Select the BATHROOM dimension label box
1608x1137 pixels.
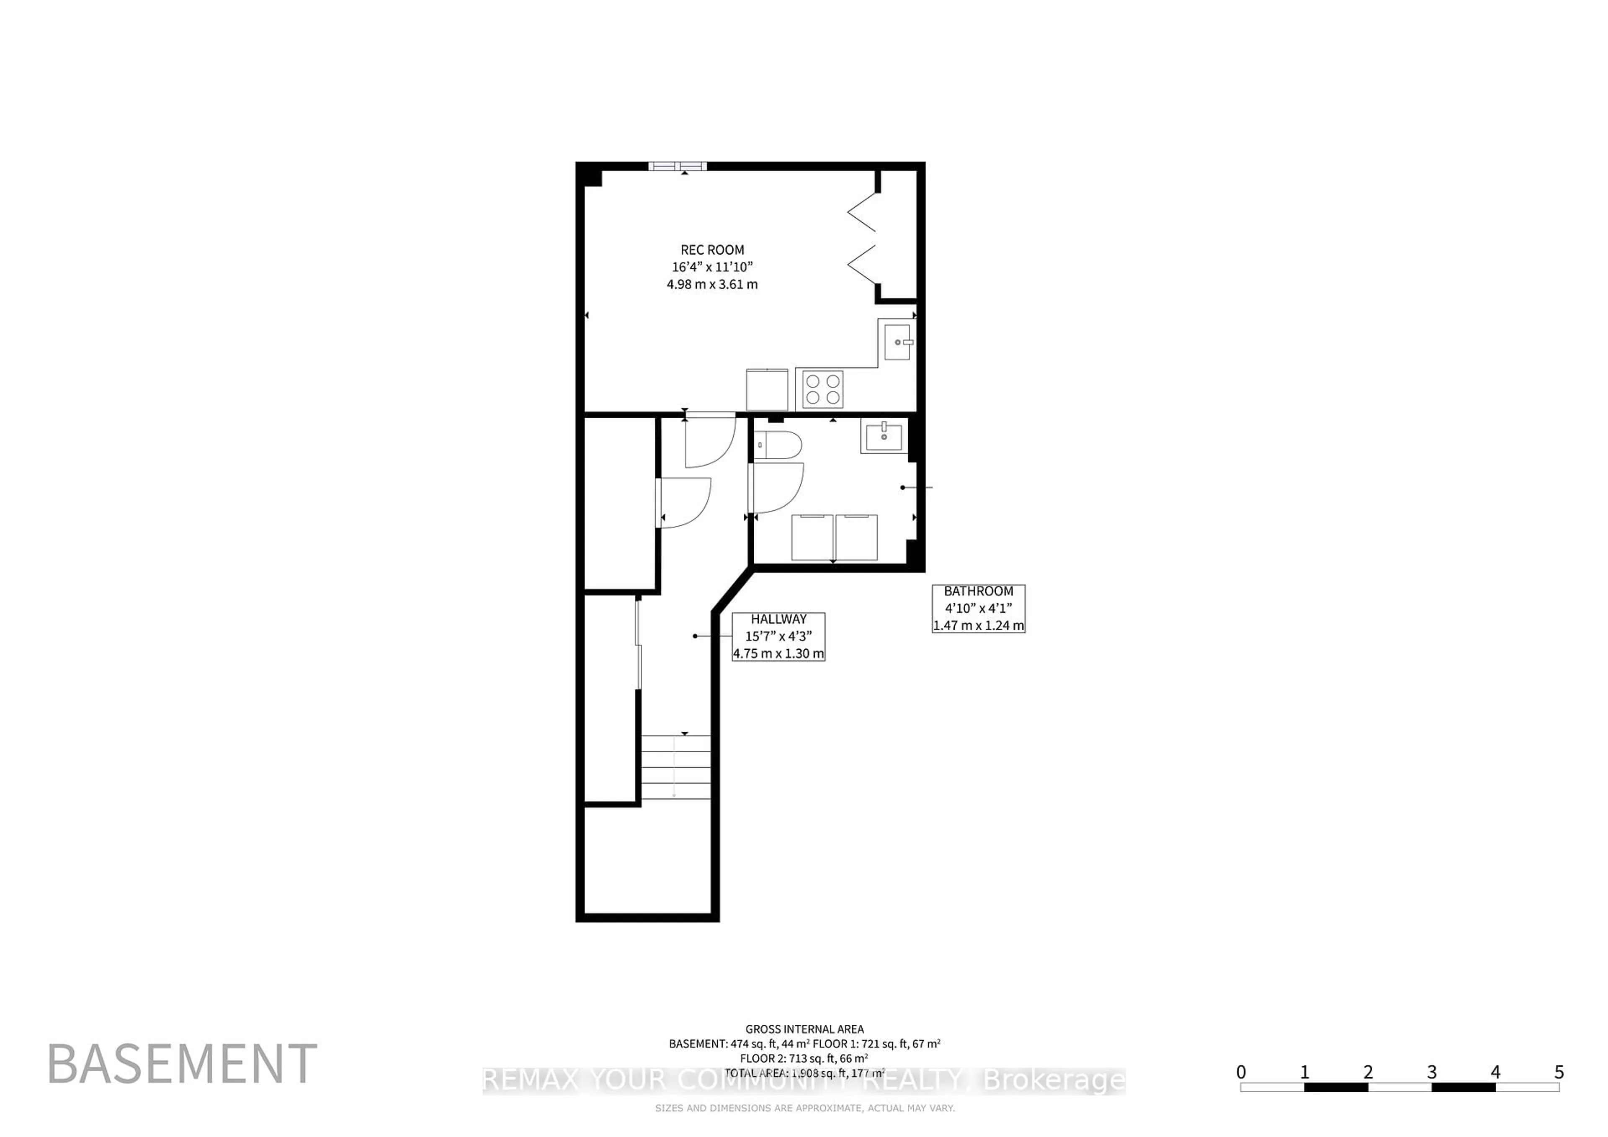[978, 608]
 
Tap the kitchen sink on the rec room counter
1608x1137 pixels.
[897, 342]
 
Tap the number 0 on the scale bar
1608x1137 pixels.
[1241, 1072]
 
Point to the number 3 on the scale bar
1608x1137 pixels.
[1432, 1072]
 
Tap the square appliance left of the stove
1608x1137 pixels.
[767, 389]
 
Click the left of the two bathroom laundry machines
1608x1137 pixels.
[812, 537]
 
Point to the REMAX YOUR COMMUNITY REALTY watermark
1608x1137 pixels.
[804, 1081]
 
